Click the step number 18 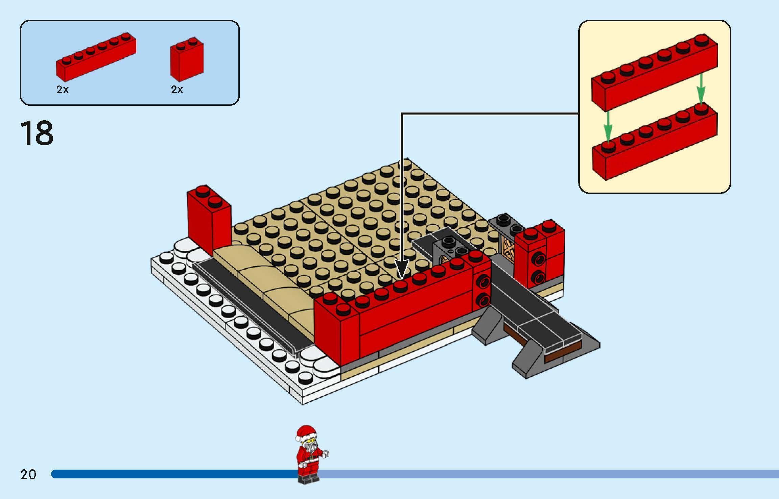pos(37,133)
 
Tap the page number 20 pos(28,475)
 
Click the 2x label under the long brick pos(63,90)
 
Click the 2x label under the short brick pos(177,90)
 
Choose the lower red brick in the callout pos(654,149)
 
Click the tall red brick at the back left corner pos(208,220)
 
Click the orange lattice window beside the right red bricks pos(508,252)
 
